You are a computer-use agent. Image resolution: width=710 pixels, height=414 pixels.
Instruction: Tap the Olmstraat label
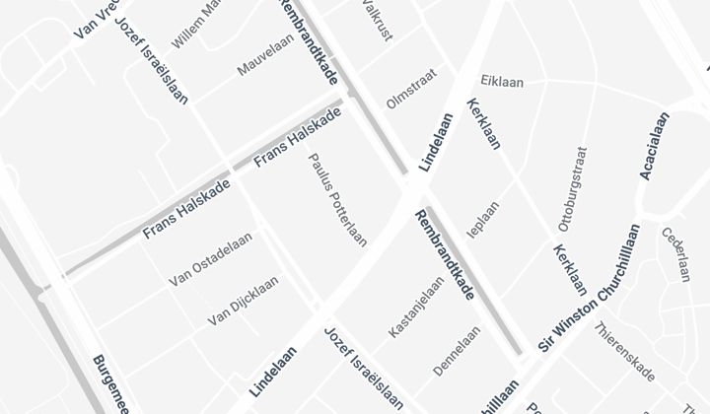[410, 88]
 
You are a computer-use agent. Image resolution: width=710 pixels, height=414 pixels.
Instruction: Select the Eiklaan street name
[502, 81]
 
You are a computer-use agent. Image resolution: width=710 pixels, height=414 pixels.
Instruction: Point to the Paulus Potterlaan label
[338, 199]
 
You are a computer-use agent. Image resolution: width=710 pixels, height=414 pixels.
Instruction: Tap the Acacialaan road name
[655, 146]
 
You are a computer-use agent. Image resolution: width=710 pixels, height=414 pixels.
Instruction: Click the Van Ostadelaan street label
[211, 259]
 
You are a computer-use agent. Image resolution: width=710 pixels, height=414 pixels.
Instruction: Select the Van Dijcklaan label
[243, 302]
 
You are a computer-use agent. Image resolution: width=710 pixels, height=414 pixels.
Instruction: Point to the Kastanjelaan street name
[416, 307]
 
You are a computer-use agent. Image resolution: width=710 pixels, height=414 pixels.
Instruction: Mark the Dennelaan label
[457, 351]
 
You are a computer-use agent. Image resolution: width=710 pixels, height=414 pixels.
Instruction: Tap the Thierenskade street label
[625, 352]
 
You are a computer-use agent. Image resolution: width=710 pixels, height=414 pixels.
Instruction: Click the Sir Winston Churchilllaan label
[589, 289]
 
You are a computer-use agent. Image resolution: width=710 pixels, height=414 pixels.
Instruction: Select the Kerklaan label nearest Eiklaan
[483, 123]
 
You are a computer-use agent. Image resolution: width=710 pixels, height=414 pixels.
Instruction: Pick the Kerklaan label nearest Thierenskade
[570, 269]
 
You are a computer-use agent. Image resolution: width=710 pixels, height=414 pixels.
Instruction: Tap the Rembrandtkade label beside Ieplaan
[445, 254]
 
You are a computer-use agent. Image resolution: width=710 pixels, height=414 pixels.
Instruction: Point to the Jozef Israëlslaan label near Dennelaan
[364, 367]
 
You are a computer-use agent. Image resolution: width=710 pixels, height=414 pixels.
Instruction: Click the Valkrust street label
[377, 19]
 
